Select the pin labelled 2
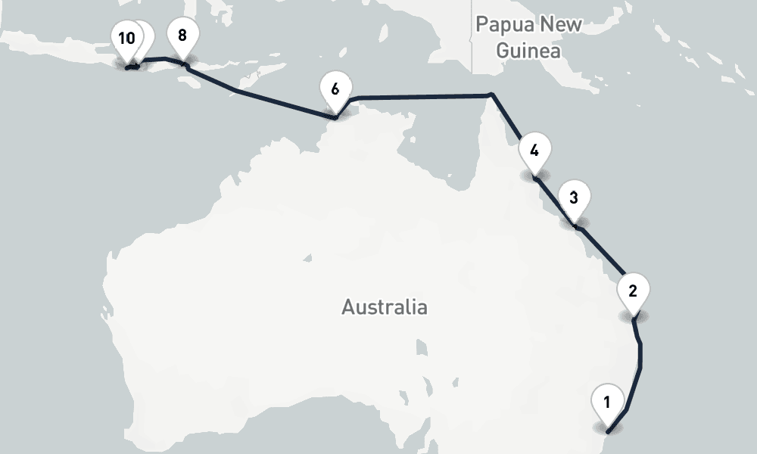633,291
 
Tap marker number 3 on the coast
574,199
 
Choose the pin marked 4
534,151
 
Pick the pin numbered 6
335,89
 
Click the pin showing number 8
182,36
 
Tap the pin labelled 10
126,39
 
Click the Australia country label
384,307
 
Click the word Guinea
529,51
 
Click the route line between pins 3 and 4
556,203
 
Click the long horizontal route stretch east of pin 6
424,96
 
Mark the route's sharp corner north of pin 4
492,95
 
